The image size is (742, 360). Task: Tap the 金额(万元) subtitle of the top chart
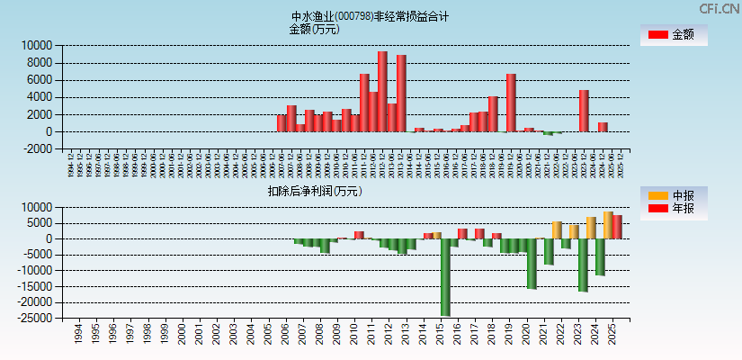[314, 29]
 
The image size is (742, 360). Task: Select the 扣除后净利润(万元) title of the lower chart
[314, 191]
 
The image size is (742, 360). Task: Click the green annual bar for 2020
[532, 264]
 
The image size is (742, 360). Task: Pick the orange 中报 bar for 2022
[557, 230]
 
